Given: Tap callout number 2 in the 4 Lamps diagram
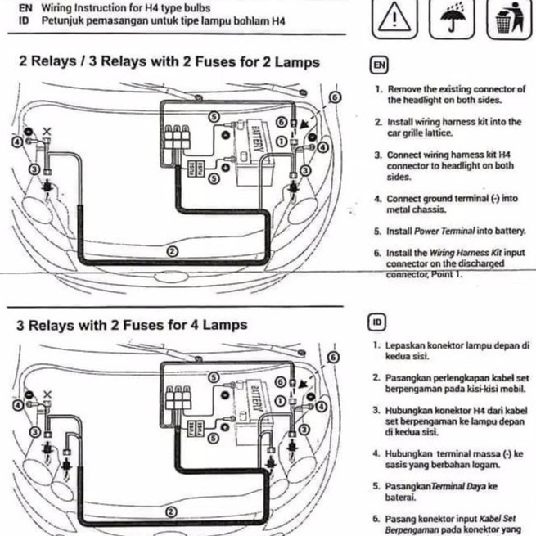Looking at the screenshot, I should point(171,511).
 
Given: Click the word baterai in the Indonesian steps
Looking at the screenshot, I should point(403,497).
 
